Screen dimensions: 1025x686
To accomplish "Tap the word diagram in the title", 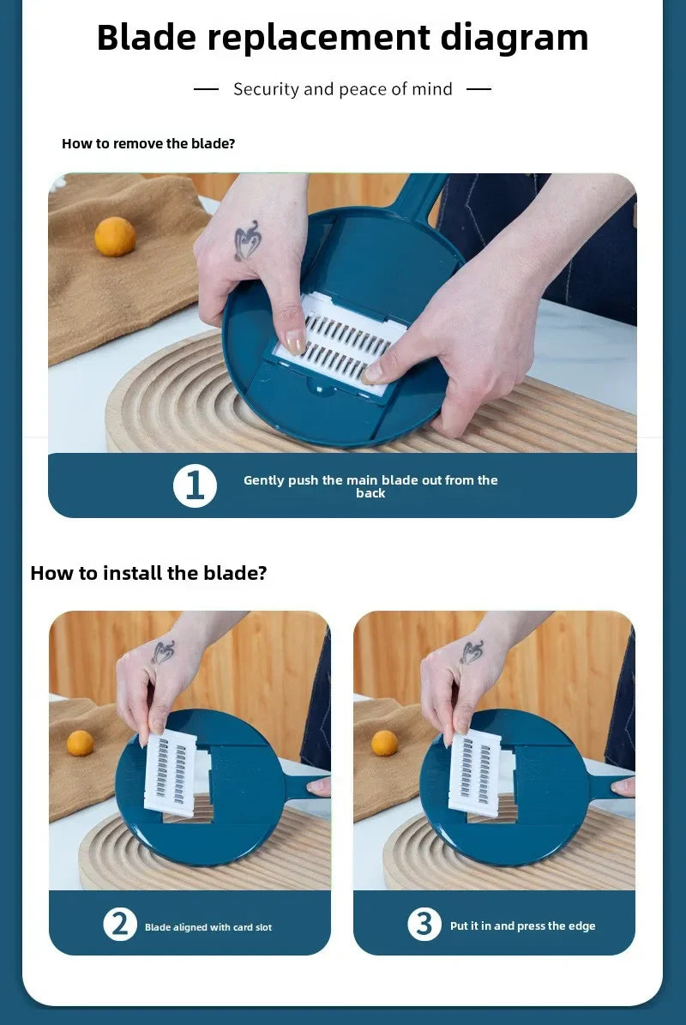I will click(x=514, y=38).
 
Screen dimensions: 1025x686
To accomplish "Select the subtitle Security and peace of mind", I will click(x=342, y=89).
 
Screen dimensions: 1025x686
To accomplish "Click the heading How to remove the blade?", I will click(x=148, y=143).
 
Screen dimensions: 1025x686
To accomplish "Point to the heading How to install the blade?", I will click(x=148, y=573).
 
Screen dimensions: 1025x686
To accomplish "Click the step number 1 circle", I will click(x=195, y=485).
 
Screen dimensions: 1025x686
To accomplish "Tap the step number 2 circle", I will click(x=120, y=924).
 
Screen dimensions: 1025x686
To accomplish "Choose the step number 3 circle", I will click(x=424, y=924).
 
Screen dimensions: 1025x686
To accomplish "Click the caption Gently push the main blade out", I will click(x=370, y=486).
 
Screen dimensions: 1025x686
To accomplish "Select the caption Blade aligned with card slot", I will click(x=208, y=927).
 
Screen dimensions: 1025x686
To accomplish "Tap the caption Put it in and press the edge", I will click(x=522, y=926).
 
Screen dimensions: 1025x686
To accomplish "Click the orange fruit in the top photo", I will click(x=115, y=237).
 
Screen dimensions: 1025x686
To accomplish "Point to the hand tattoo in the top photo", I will click(x=248, y=240).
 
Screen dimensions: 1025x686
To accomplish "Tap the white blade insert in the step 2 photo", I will click(x=170, y=771).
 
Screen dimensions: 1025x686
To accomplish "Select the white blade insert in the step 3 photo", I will click(x=474, y=771).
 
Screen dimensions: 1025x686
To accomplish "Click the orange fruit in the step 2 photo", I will click(x=81, y=743).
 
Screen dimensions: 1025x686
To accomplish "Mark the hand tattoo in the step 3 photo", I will click(x=471, y=651).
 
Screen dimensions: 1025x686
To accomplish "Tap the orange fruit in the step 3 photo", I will click(x=384, y=743).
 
